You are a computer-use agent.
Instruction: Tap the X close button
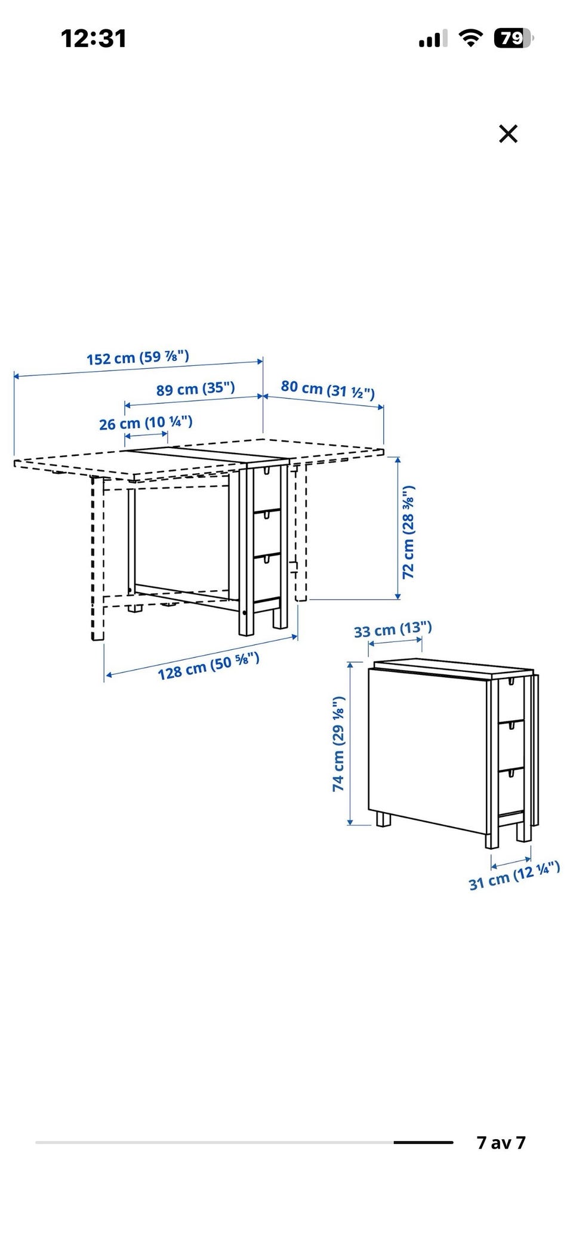coord(508,134)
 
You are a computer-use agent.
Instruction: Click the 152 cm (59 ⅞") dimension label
coord(138,357)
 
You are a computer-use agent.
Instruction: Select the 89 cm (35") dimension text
coord(196,389)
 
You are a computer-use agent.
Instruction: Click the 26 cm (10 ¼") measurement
coord(146,423)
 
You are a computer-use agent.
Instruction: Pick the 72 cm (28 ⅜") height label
coord(408,532)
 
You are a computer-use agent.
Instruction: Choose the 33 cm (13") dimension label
coord(393,630)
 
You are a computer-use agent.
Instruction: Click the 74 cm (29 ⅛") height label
coord(338,744)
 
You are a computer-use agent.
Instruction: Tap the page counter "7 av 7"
coord(501,1142)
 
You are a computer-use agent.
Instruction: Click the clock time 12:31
coord(94,39)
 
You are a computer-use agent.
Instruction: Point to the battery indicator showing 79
coord(513,39)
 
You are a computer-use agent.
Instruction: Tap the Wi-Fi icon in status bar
coord(470,39)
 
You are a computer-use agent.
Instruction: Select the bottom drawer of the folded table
coord(512,790)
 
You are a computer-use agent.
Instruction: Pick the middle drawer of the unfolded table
coord(267,533)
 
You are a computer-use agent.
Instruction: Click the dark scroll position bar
coord(423,1142)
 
